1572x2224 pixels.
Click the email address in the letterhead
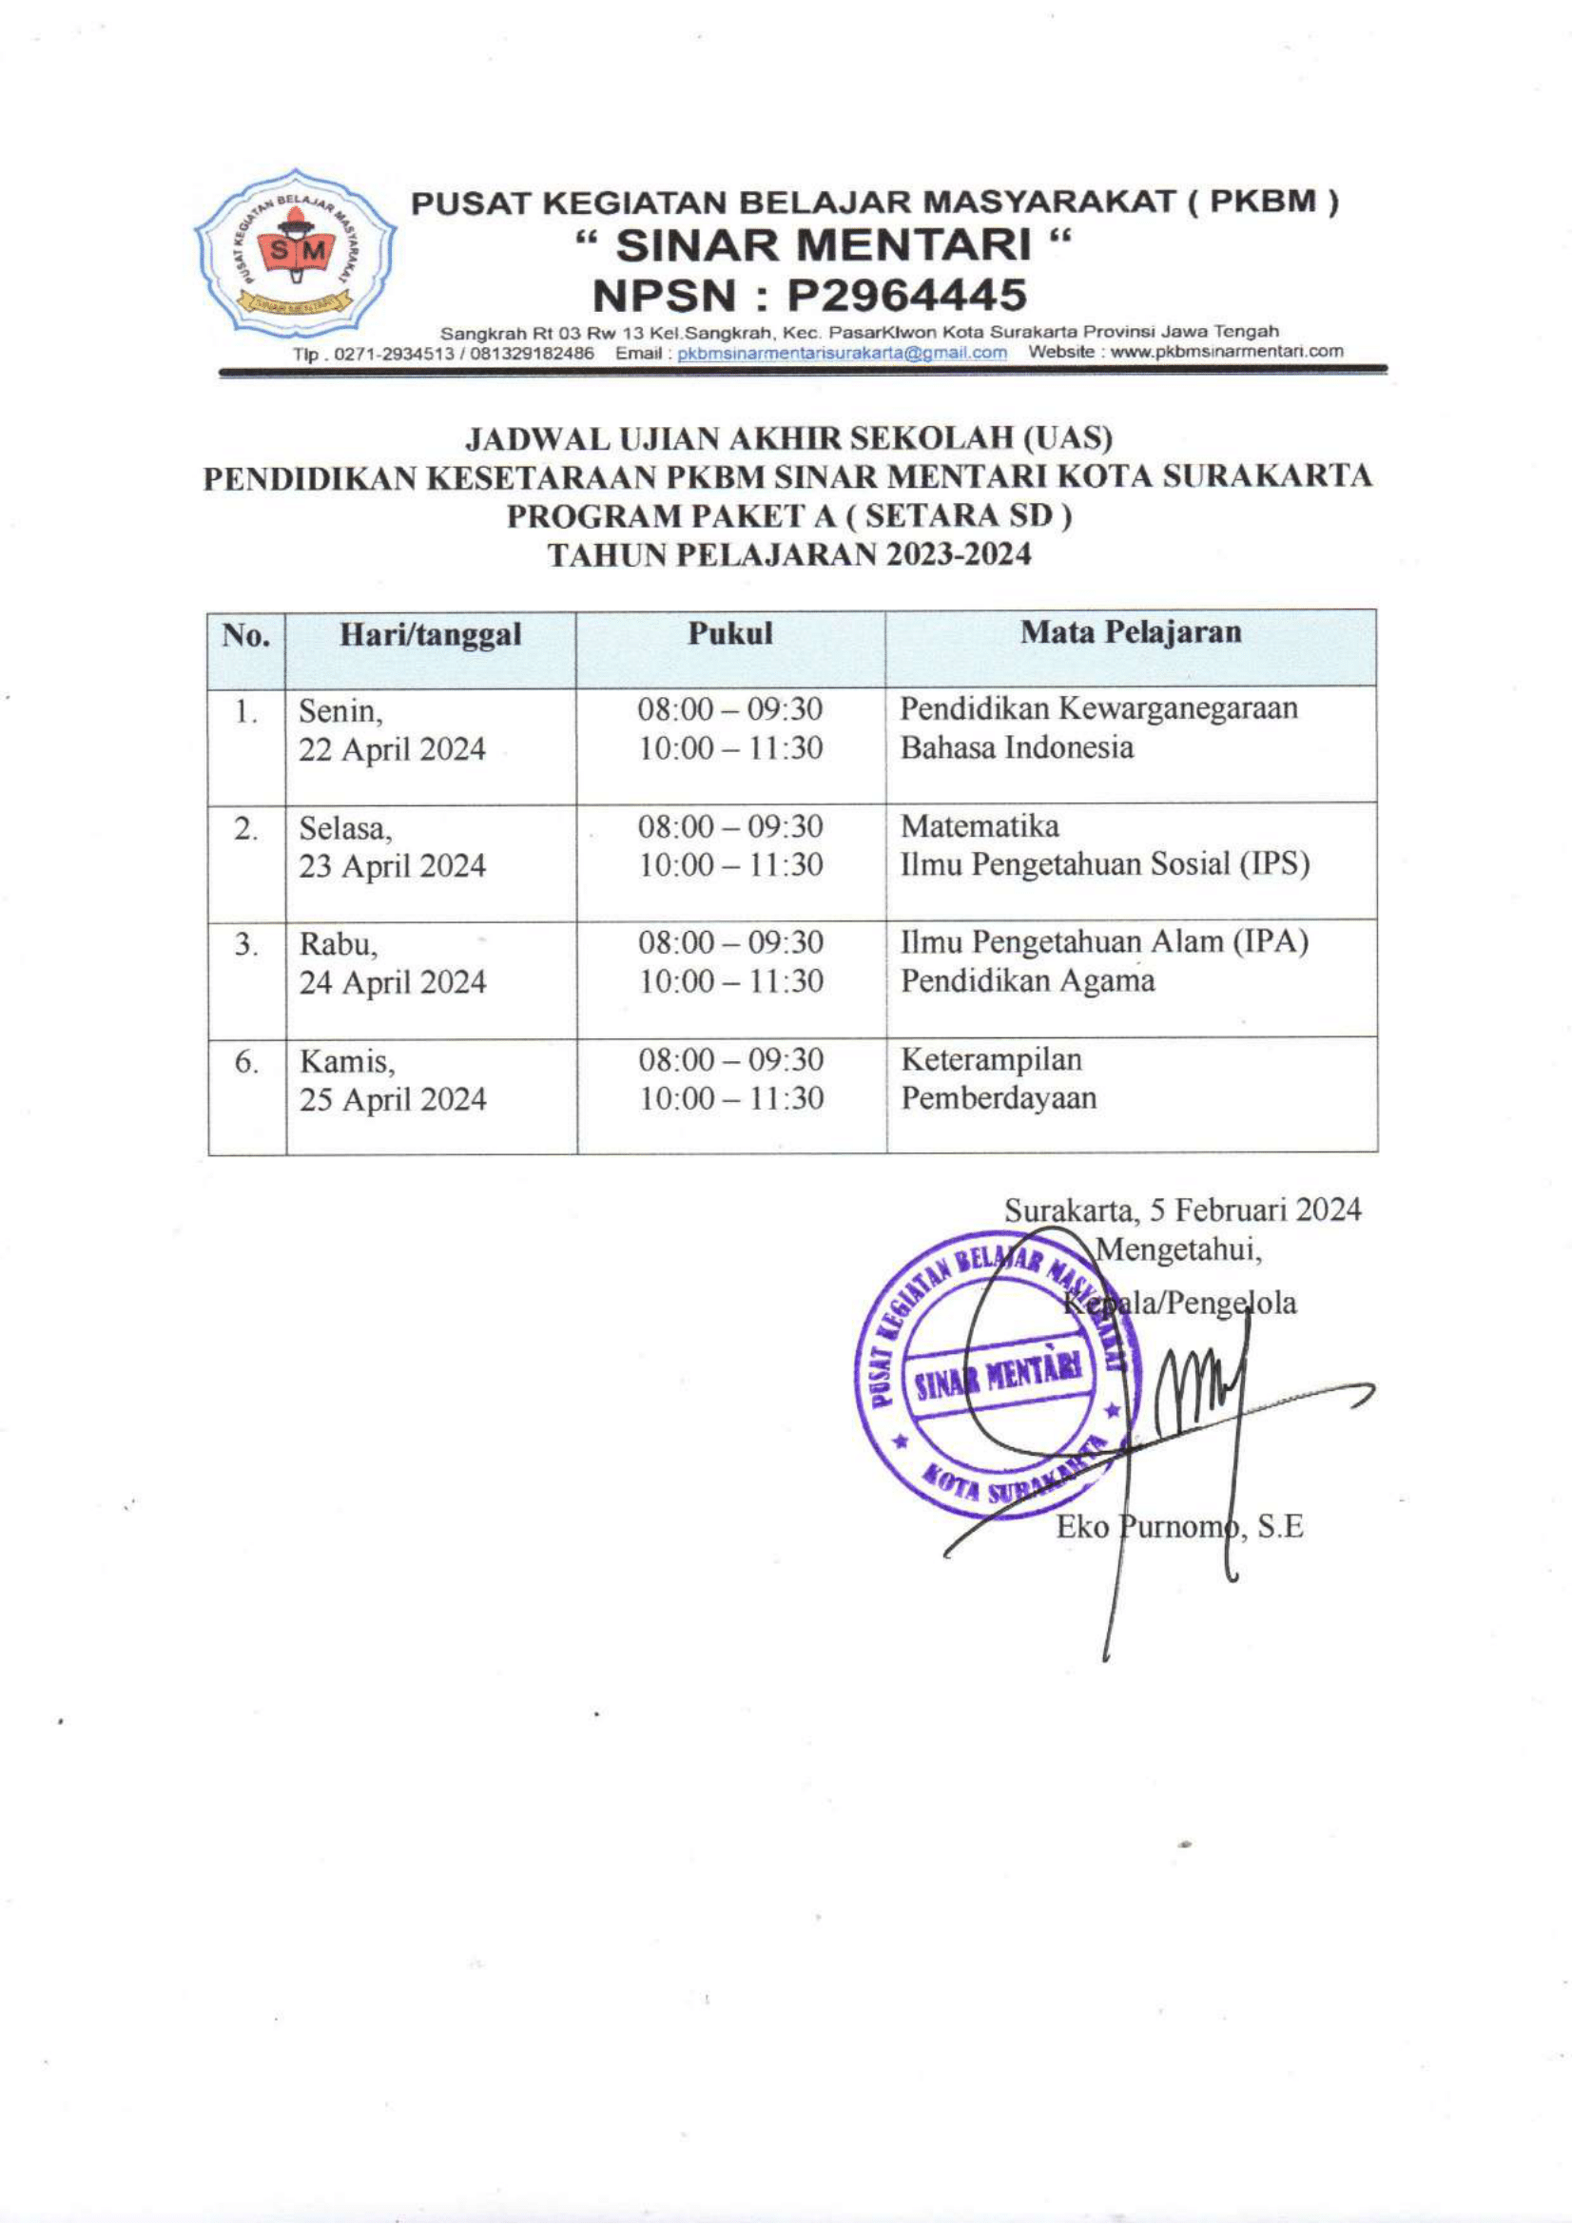pos(842,353)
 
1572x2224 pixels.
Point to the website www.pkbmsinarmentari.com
pos(1226,352)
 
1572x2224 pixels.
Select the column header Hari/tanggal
pos(430,635)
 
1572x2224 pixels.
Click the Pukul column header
pos(730,633)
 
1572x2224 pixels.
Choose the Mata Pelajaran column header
pos(1131,632)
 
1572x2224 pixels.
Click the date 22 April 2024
pos(391,749)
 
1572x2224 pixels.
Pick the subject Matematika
pos(980,826)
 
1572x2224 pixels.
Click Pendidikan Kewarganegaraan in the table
pos(1098,709)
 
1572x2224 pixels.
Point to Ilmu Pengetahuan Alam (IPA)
pos(1104,942)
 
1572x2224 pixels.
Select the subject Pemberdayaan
pos(998,1098)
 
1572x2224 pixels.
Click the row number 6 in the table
pos(246,1063)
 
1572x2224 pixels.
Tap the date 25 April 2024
pos(392,1100)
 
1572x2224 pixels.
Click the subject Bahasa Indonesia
pos(1016,747)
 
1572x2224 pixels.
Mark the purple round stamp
pos(998,1373)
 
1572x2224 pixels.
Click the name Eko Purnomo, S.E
pos(1178,1528)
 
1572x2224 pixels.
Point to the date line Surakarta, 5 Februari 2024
pos(1182,1209)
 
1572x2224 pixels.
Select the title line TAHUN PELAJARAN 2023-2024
pos(789,555)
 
